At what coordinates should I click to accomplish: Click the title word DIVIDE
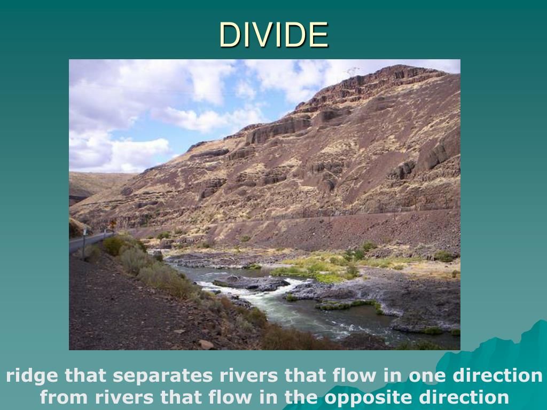[273, 35]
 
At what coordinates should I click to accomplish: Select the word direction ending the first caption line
[497, 376]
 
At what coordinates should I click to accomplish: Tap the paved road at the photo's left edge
[80, 243]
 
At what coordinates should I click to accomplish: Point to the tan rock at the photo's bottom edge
[206, 344]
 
